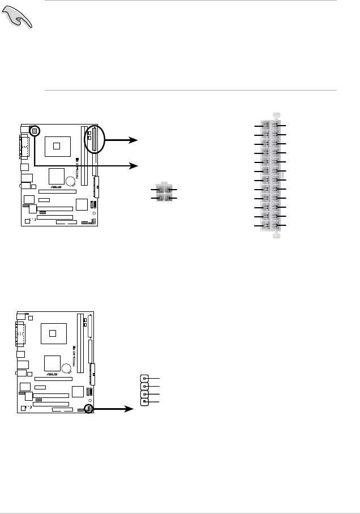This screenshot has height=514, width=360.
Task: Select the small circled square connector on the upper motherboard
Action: click(35, 131)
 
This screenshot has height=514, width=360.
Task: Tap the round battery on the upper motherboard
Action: click(71, 182)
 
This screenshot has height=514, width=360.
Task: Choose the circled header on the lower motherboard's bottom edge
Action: click(88, 408)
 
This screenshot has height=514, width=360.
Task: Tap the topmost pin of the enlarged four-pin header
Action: click(145, 378)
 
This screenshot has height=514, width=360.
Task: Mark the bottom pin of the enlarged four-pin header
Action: click(145, 401)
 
